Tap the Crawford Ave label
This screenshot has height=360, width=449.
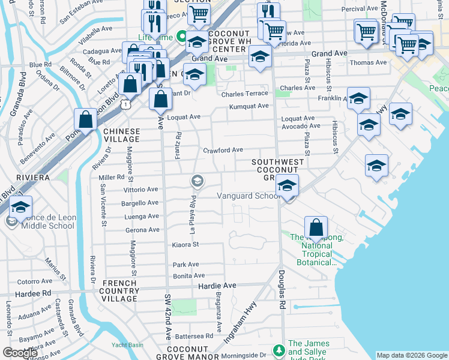(x=223, y=150)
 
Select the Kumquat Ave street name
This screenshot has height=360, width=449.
(x=249, y=106)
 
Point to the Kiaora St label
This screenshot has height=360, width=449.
(x=185, y=245)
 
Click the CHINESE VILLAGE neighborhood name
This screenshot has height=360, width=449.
(x=121, y=134)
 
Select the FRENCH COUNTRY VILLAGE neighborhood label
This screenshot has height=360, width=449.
(x=120, y=290)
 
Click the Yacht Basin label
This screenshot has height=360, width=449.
(x=127, y=345)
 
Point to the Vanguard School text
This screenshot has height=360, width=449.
(x=246, y=196)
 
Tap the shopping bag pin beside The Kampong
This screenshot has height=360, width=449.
(x=316, y=228)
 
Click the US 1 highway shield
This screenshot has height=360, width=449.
(x=125, y=104)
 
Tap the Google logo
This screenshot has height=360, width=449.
(x=20, y=353)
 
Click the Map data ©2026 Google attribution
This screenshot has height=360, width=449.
(x=412, y=355)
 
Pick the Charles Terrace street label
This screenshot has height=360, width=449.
(x=244, y=95)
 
